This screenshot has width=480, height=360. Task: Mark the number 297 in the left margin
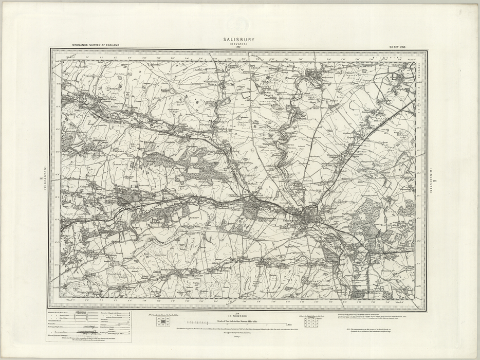pyautogui.click(x=41, y=178)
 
